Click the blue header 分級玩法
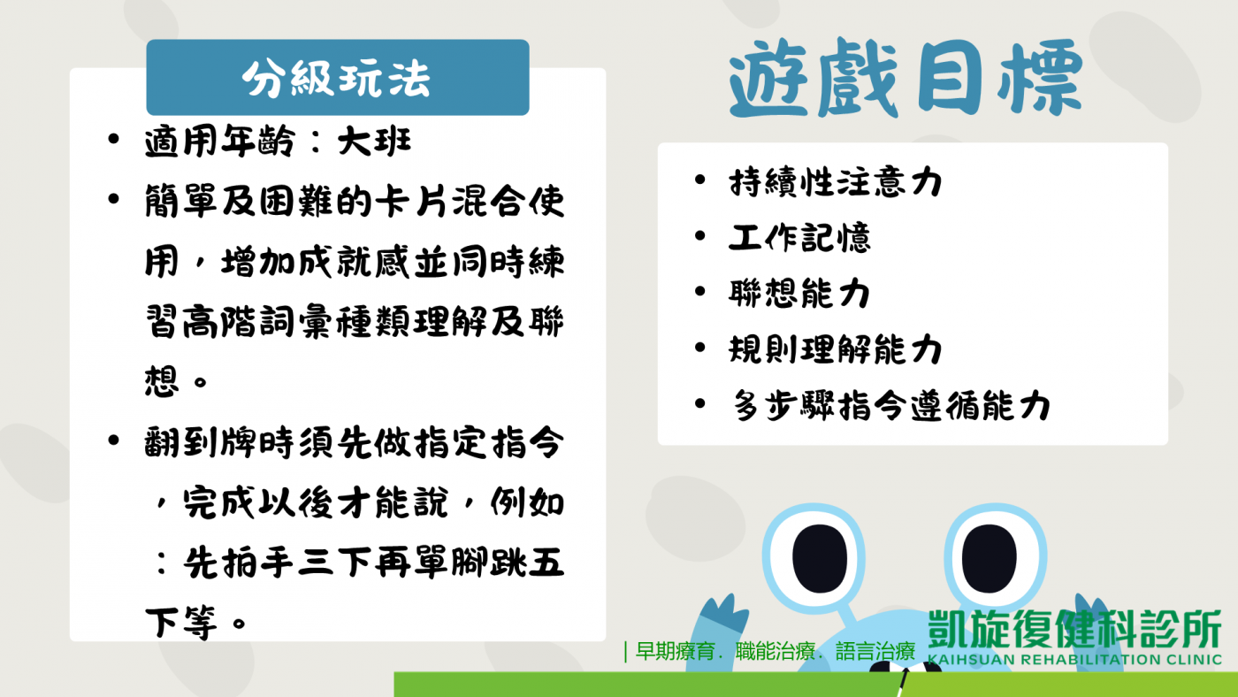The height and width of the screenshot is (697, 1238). tap(338, 77)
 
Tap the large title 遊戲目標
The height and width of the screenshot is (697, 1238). tap(906, 77)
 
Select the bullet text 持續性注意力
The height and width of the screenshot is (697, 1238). tap(835, 182)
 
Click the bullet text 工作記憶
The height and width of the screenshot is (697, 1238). tap(799, 238)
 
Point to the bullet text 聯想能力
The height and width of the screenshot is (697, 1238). tap(799, 294)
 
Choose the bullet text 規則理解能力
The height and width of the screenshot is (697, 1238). tap(835, 349)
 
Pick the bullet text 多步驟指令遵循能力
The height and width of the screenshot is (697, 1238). tap(890, 405)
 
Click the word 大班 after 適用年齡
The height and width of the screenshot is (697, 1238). tap(375, 142)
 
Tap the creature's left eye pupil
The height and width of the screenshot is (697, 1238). tap(820, 558)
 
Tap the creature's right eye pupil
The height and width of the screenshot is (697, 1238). tap(990, 558)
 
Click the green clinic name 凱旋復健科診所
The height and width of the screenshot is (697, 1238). tap(1074, 629)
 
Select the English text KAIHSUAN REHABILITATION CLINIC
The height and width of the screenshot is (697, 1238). tap(1074, 660)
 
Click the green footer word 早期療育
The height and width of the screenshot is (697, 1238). tap(676, 652)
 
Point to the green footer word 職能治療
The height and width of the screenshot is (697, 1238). tap(776, 652)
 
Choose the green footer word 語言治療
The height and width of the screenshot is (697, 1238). tap(875, 652)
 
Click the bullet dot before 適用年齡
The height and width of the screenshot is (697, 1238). tap(114, 139)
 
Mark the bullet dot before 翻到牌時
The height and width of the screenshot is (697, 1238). tap(114, 440)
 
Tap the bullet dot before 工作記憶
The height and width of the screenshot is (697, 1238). tap(700, 236)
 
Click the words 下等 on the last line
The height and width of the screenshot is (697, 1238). tap(181, 623)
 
